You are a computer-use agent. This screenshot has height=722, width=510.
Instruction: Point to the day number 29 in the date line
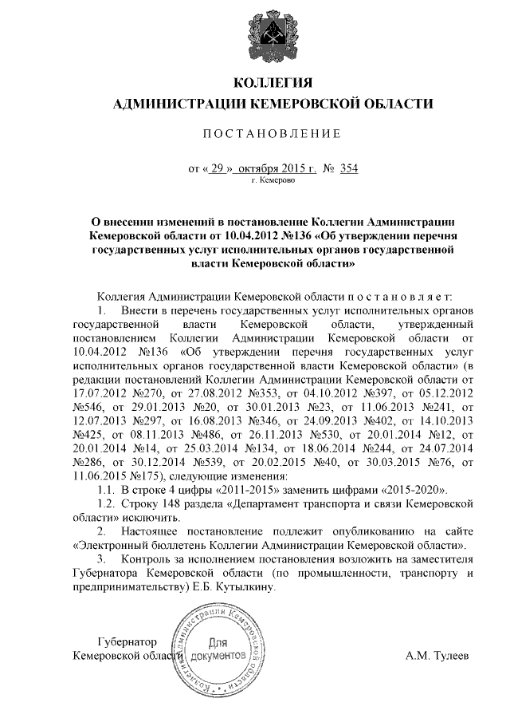pos(217,168)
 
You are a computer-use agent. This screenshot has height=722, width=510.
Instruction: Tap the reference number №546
pos(88,407)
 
